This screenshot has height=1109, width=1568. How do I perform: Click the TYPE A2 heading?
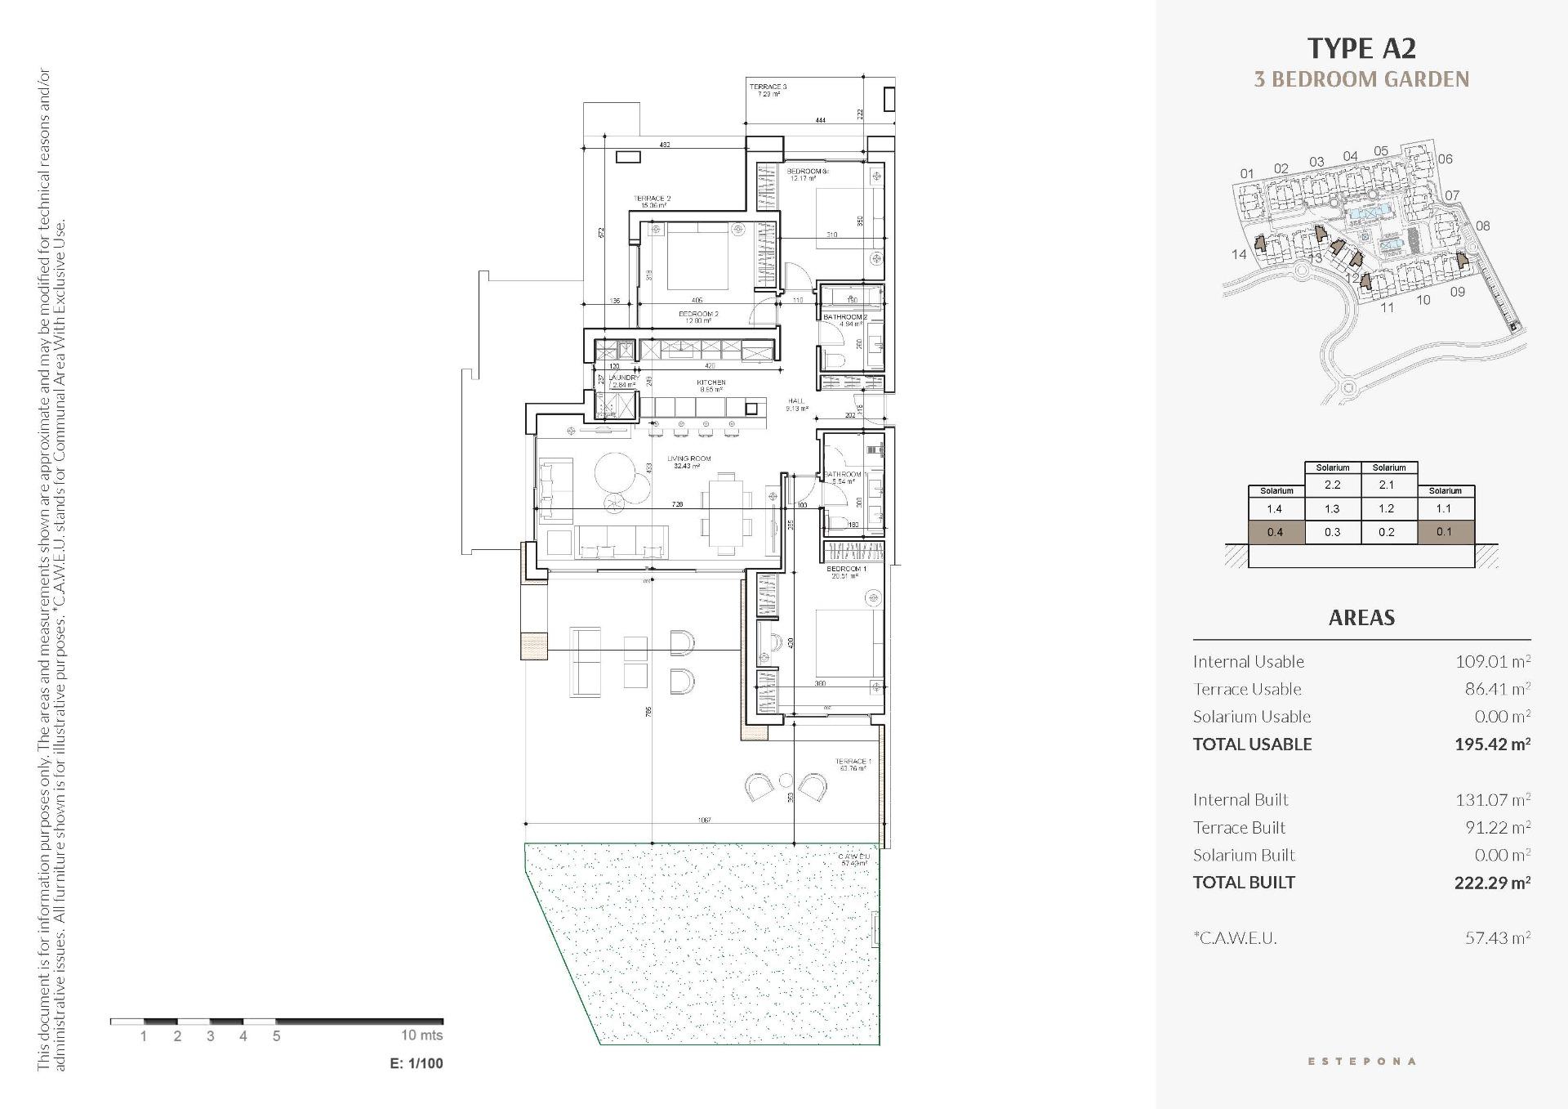[x=1361, y=48]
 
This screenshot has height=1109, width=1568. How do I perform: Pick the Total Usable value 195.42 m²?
[x=1491, y=744]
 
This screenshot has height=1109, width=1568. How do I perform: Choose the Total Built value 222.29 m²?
[x=1491, y=882]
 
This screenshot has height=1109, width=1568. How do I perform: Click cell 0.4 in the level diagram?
[x=1275, y=532]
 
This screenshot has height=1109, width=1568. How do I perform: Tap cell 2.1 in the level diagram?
[x=1388, y=485]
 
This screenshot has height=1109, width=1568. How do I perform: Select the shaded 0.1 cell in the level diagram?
[x=1444, y=532]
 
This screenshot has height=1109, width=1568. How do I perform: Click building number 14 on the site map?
[x=1239, y=254]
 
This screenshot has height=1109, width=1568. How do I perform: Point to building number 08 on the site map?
[x=1482, y=226]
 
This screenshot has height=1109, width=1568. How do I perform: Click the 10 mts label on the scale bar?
[x=421, y=1035]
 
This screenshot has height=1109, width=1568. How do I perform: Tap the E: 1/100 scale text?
[x=416, y=1063]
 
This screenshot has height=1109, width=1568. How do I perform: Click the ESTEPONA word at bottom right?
[x=1361, y=1061]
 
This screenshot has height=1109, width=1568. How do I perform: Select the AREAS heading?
[x=1361, y=618]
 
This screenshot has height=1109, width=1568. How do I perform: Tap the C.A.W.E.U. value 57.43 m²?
[x=1496, y=937]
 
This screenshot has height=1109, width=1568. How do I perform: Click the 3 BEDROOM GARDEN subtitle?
[x=1361, y=79]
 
